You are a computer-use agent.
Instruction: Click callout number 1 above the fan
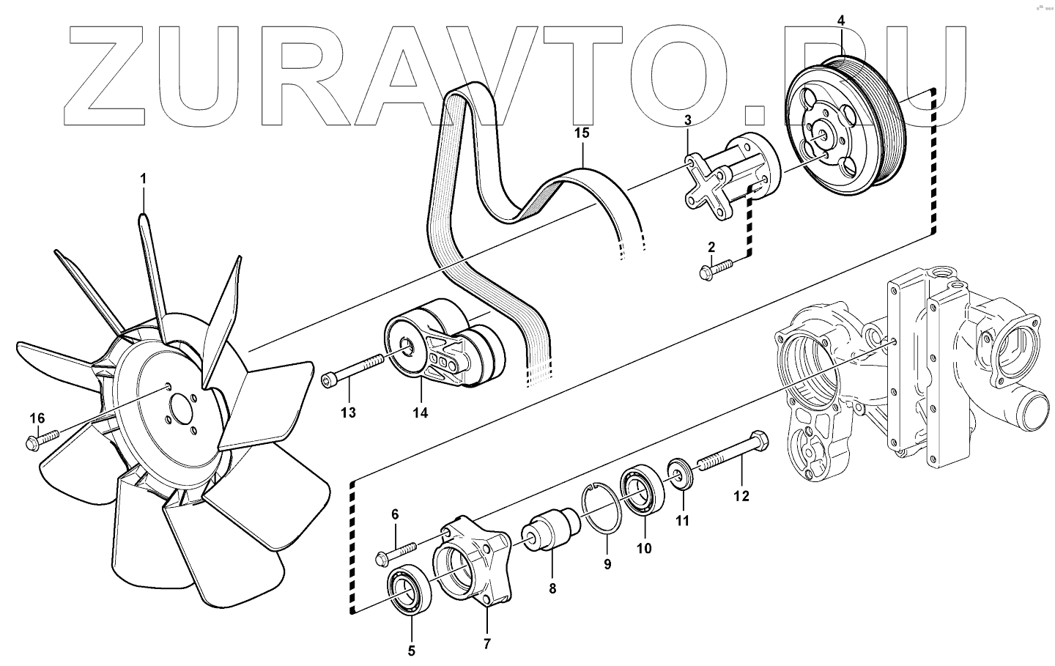pos(144,179)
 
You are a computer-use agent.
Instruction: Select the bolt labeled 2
pos(717,270)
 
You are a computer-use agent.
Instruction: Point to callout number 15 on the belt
pos(582,134)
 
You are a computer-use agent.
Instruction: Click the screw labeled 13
pos(351,371)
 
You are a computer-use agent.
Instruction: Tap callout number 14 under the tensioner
pos(420,413)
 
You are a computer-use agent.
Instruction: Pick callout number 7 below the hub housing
pos(487,644)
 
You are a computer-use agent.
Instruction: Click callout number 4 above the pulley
pos(841,21)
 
